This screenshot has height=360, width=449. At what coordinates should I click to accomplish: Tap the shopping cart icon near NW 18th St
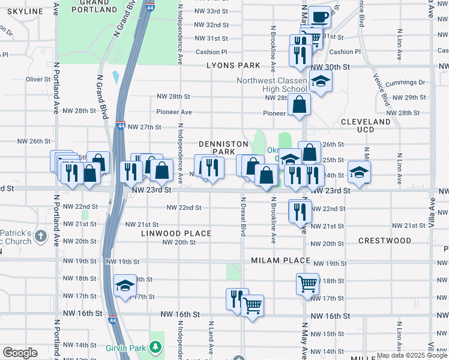[307, 283]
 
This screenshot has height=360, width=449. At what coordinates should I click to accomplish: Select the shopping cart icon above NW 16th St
[252, 306]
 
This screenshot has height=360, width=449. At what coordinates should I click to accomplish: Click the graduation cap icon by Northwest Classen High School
[321, 82]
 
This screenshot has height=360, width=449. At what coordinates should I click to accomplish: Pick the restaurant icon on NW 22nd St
[299, 211]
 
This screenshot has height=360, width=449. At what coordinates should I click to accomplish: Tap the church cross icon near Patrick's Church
[40, 235]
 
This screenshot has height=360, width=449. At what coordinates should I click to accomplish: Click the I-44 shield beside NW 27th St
[121, 127]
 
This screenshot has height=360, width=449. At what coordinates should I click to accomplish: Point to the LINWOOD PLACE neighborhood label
[176, 233]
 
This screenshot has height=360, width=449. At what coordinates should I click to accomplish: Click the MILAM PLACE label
[280, 260]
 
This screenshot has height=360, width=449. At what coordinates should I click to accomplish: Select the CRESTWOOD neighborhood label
[384, 241]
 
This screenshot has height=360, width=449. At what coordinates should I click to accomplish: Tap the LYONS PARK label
[234, 65]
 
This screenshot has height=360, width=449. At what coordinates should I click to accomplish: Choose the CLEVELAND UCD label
[366, 125]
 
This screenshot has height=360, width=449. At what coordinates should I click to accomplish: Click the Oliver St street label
[38, 79]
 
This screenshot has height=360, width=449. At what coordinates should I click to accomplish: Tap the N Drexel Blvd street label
[243, 217]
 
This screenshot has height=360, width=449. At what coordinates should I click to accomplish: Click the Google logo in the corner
[20, 353]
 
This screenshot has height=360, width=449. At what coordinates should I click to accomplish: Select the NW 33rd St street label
[211, 11]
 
